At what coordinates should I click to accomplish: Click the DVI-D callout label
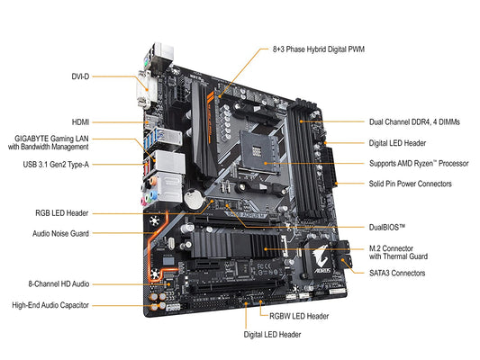click(81, 76)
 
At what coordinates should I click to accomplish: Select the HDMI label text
click(80, 120)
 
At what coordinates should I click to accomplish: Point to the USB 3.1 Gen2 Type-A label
click(56, 165)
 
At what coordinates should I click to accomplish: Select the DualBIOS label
click(388, 228)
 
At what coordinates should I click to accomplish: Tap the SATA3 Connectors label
click(397, 273)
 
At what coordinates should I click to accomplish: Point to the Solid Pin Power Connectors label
click(411, 184)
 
